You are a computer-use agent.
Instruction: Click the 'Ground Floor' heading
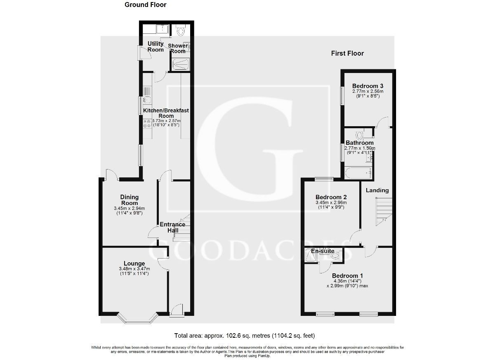(x=145, y=5)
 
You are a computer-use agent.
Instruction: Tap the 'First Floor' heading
(x=347, y=53)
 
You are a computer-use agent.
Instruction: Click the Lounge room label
(x=134, y=264)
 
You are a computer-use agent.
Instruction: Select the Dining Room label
(x=129, y=200)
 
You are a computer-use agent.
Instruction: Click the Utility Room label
(x=156, y=47)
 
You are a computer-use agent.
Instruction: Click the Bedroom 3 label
(x=368, y=86)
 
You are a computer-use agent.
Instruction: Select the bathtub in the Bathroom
(x=357, y=173)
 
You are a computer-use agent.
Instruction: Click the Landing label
(x=377, y=190)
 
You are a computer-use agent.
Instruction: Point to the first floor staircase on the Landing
(x=382, y=211)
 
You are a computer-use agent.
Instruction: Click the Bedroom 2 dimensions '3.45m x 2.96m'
(x=331, y=202)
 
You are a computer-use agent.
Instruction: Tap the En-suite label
(x=323, y=251)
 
